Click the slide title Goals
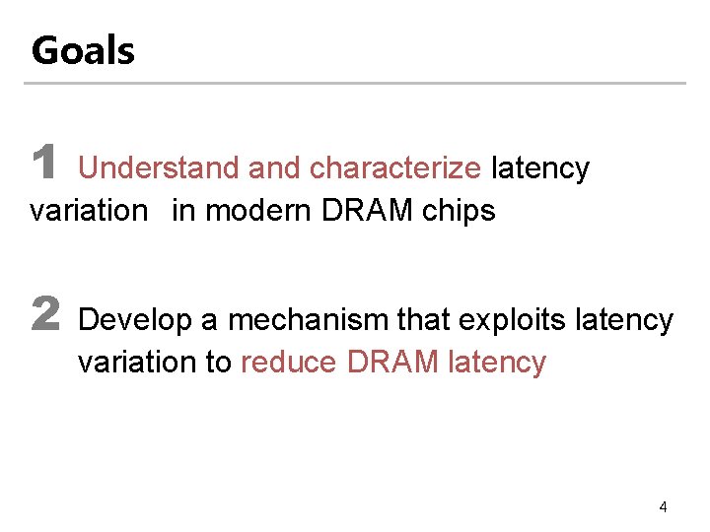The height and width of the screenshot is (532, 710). tap(83, 50)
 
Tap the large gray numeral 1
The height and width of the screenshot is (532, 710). tap(43, 164)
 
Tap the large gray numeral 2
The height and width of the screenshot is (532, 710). tap(45, 315)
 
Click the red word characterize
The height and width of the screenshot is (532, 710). tap(394, 168)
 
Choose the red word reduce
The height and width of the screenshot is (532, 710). tap(289, 363)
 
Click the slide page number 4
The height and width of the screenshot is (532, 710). tap(663, 507)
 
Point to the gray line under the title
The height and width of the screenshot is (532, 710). tap(355, 83)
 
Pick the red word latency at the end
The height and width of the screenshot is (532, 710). tap(496, 363)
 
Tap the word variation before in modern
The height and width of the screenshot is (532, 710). tap(88, 211)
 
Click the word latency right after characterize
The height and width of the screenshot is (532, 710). tap(539, 168)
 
